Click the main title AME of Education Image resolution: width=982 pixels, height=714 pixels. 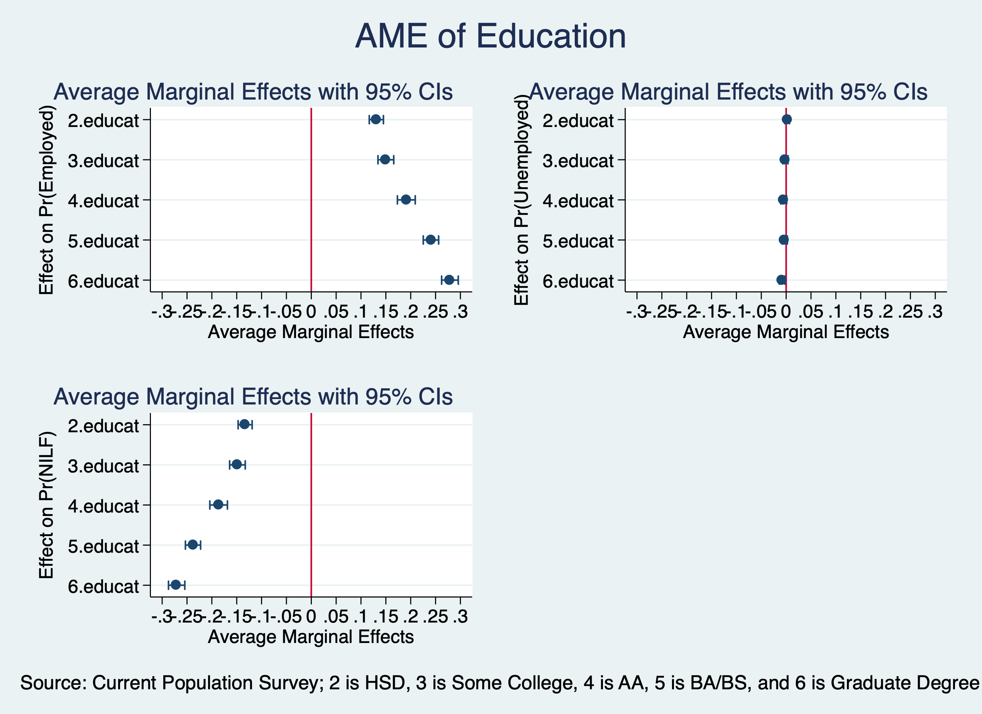coord(491,36)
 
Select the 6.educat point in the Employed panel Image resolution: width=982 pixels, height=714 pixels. coord(449,280)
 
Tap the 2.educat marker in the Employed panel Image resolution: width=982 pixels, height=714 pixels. coord(376,120)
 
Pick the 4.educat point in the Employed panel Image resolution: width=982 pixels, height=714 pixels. coord(406,200)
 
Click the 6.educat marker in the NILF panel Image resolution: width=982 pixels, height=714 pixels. coord(175,585)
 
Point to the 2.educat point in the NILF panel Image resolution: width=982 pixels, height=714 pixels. coord(244,424)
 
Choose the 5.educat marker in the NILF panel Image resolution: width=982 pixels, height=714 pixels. coord(193,545)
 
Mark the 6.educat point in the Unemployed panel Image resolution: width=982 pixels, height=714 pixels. coord(781,280)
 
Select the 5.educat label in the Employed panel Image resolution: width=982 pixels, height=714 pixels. coord(103,241)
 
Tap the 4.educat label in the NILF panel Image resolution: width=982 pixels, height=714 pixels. coord(103,506)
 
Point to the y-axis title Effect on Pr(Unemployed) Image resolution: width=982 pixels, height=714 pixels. coord(521,200)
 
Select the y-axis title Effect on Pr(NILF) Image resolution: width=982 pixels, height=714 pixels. coord(46,505)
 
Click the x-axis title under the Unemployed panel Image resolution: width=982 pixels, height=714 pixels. coord(786,332)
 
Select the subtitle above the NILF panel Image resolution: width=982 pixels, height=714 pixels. coord(253,397)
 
